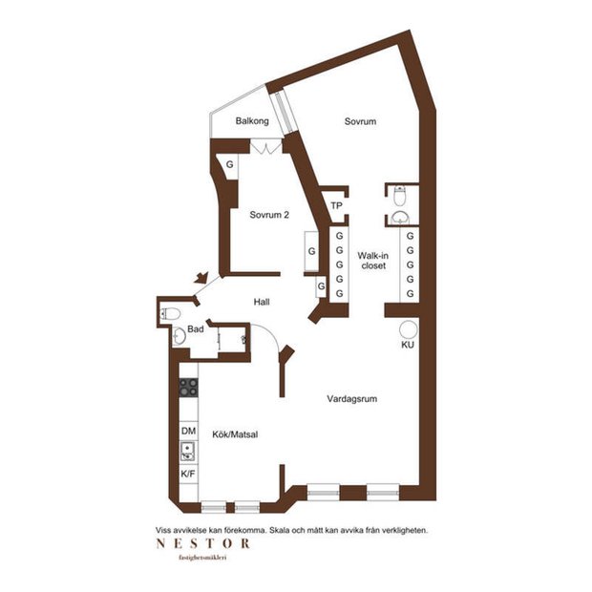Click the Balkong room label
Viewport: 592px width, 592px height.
252,121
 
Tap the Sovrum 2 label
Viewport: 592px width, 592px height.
269,215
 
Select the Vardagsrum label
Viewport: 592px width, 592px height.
352,399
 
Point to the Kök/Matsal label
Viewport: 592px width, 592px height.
235,434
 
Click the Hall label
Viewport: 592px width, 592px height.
262,302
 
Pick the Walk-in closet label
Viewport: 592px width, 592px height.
373,261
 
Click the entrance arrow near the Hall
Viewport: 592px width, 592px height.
201,278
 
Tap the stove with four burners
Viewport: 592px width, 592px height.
188,388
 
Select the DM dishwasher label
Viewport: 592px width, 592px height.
188,431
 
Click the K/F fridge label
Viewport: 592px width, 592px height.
188,474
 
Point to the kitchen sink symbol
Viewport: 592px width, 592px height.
188,452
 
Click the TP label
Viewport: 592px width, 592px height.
336,205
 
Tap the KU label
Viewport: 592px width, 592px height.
408,345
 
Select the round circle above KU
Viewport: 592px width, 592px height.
409,329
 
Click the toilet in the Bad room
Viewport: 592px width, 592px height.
170,314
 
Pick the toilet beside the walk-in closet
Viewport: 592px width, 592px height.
399,196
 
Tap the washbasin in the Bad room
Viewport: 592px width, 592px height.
179,336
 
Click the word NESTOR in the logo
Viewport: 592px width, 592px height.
203,543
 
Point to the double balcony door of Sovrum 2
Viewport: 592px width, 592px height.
266,147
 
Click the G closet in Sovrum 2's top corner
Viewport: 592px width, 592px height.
229,164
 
